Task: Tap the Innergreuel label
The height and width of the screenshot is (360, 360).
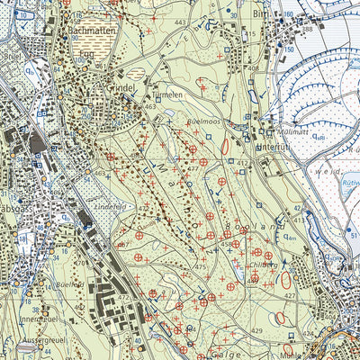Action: [x=21, y=317]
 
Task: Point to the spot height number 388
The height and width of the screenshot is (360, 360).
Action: [x=332, y=30]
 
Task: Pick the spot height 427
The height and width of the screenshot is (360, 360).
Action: [x=287, y=296]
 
